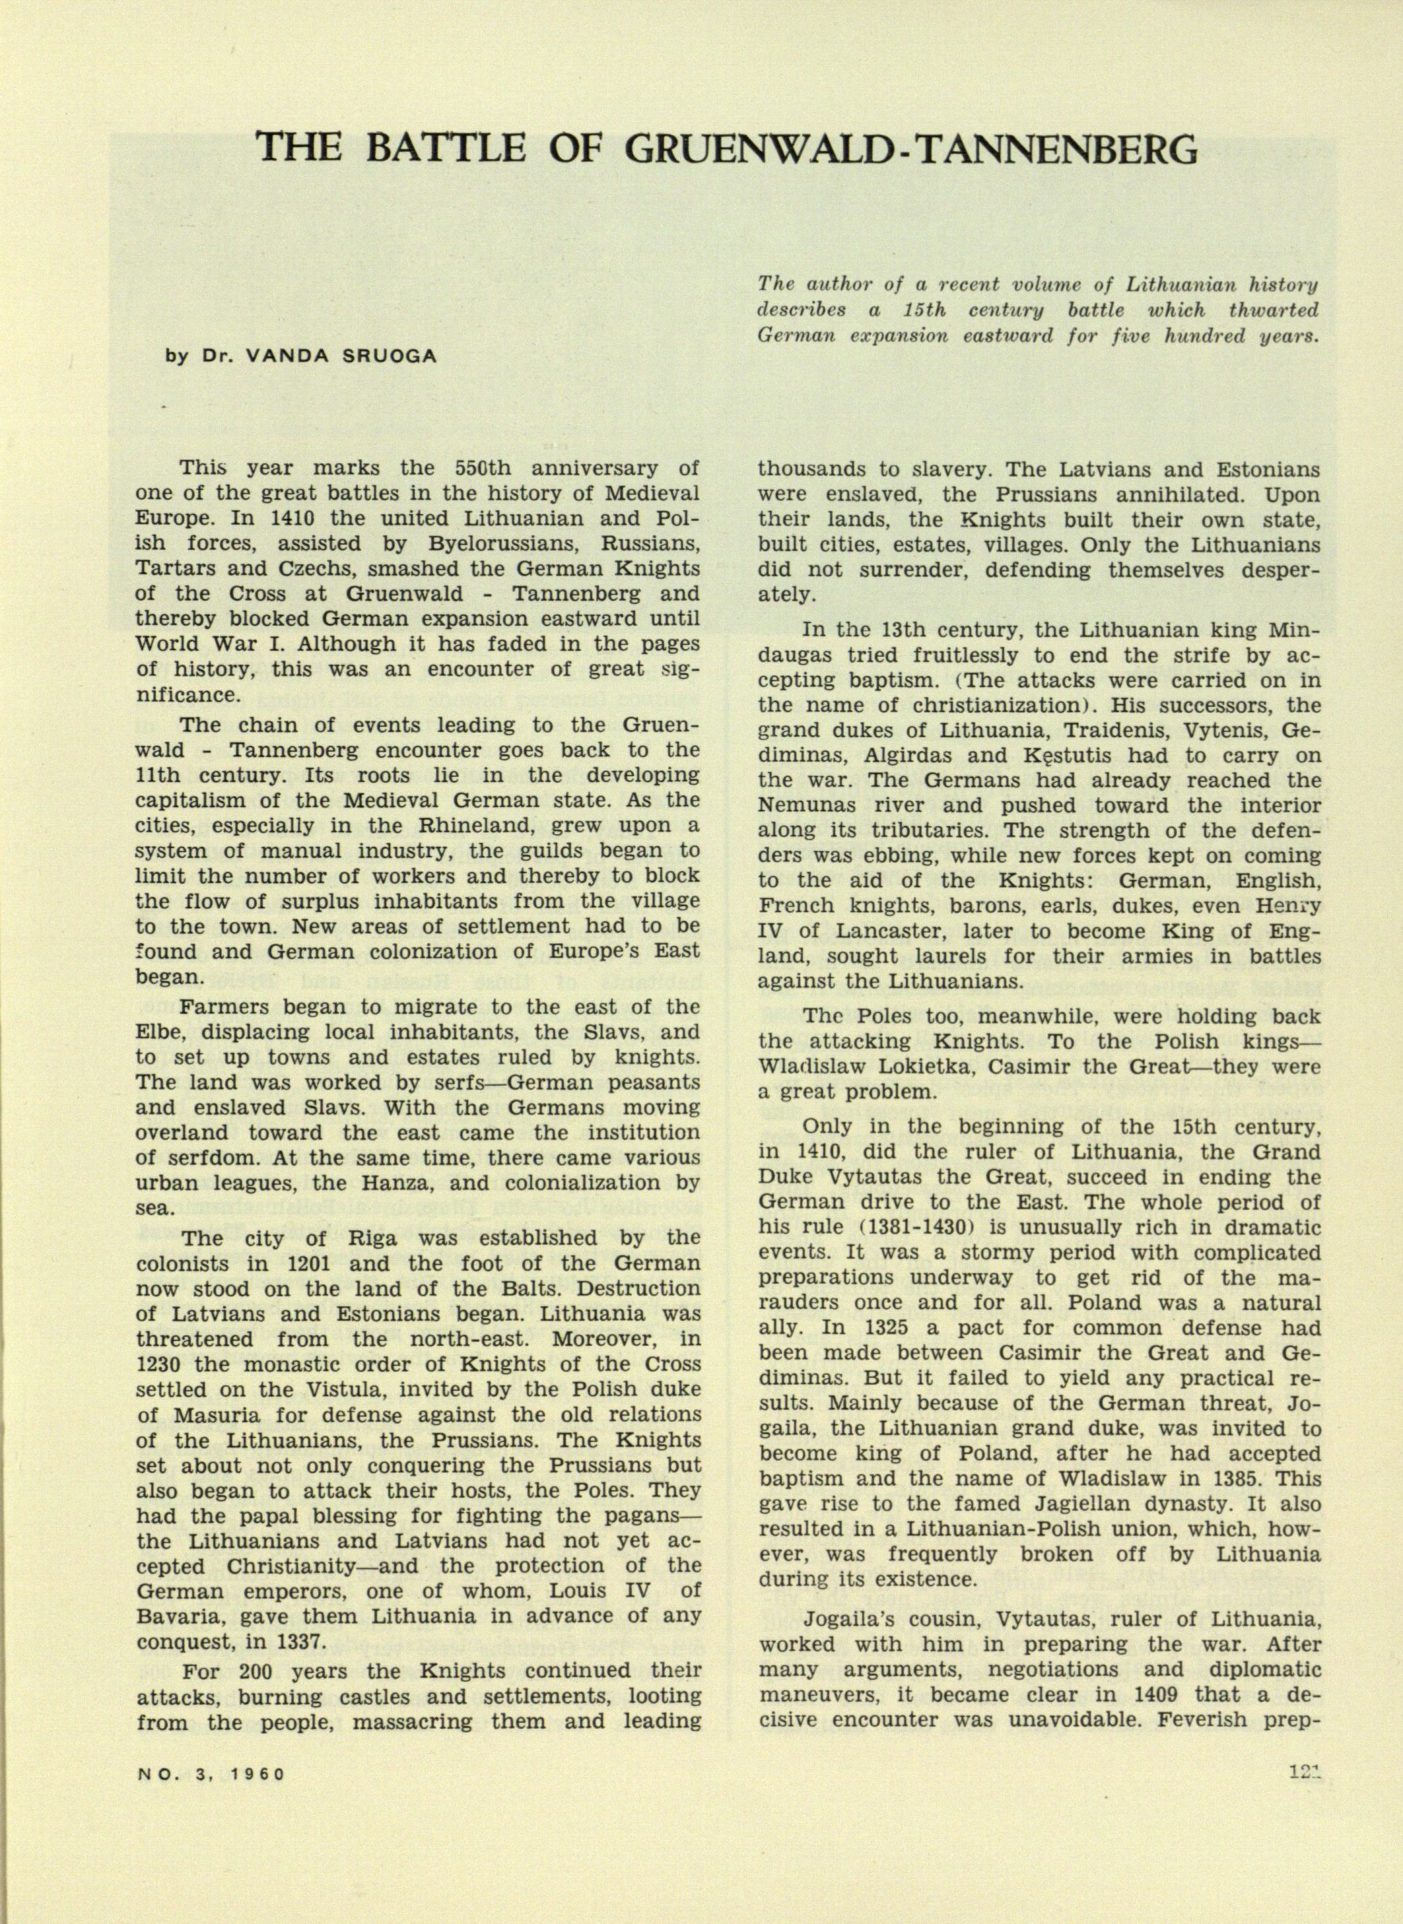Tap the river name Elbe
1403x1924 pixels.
coord(158,1032)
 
